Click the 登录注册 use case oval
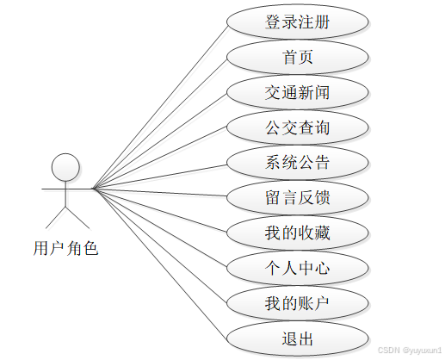point(298,22)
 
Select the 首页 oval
point(298,57)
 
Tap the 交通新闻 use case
point(298,92)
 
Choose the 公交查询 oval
point(298,127)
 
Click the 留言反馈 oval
point(298,198)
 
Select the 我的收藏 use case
point(298,233)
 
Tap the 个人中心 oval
point(298,269)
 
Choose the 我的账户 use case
point(298,303)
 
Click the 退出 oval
point(298,337)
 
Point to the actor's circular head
point(65,165)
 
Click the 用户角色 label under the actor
point(65,250)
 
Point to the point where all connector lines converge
point(93,187)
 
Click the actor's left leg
point(57,216)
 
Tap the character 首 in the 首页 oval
point(288,57)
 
